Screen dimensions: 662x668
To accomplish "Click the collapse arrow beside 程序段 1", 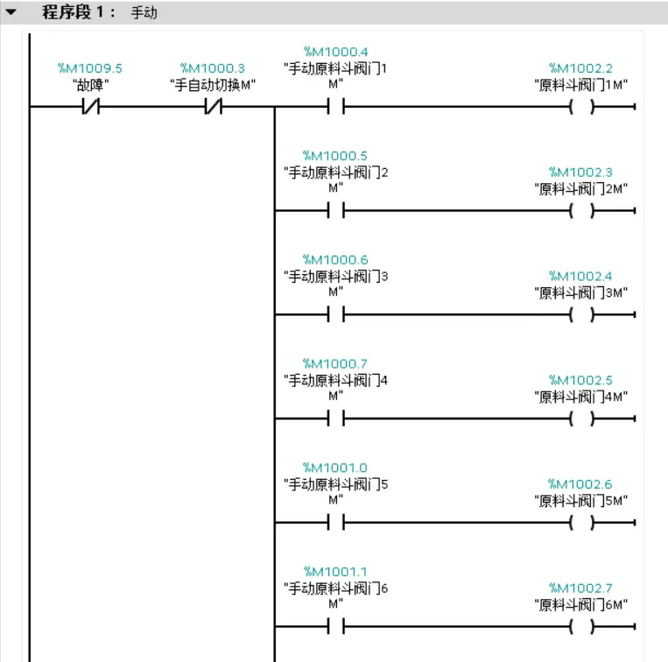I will (11, 13).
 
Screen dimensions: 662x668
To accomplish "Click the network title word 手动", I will (144, 14).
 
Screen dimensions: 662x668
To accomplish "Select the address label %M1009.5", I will (90, 68).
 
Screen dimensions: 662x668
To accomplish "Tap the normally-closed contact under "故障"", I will (90, 107).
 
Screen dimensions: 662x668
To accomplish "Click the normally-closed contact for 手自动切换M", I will (213, 107).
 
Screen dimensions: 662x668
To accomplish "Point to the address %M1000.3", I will (213, 68).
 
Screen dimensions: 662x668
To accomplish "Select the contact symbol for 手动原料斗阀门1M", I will (335, 107).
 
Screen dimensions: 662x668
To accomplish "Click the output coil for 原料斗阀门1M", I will (580, 107).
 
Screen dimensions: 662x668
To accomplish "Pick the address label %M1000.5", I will (335, 156).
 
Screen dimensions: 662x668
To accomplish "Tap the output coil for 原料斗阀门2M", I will (580, 210).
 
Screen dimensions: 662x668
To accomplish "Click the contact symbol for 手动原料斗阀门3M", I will (335, 314).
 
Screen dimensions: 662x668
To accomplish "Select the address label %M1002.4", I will (580, 277).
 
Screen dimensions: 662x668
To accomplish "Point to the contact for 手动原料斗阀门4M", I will (335, 419).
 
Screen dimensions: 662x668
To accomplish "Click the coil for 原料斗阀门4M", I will (580, 419).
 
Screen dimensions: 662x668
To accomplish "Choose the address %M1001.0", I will (335, 468).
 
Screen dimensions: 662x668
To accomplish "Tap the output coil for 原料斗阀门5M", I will (580, 523).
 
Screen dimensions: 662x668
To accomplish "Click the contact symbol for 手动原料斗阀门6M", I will (335, 626).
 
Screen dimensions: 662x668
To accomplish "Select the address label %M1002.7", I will (580, 588).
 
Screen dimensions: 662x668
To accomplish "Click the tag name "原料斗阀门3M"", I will (580, 292).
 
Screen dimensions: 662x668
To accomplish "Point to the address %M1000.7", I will (335, 363).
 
